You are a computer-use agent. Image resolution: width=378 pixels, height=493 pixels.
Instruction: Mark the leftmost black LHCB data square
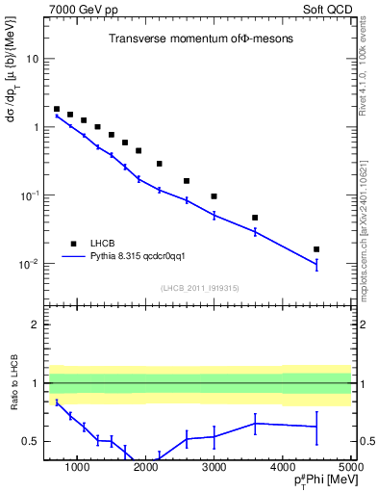[57, 110]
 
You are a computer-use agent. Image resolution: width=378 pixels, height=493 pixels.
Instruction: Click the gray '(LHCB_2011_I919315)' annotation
[200, 288]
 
